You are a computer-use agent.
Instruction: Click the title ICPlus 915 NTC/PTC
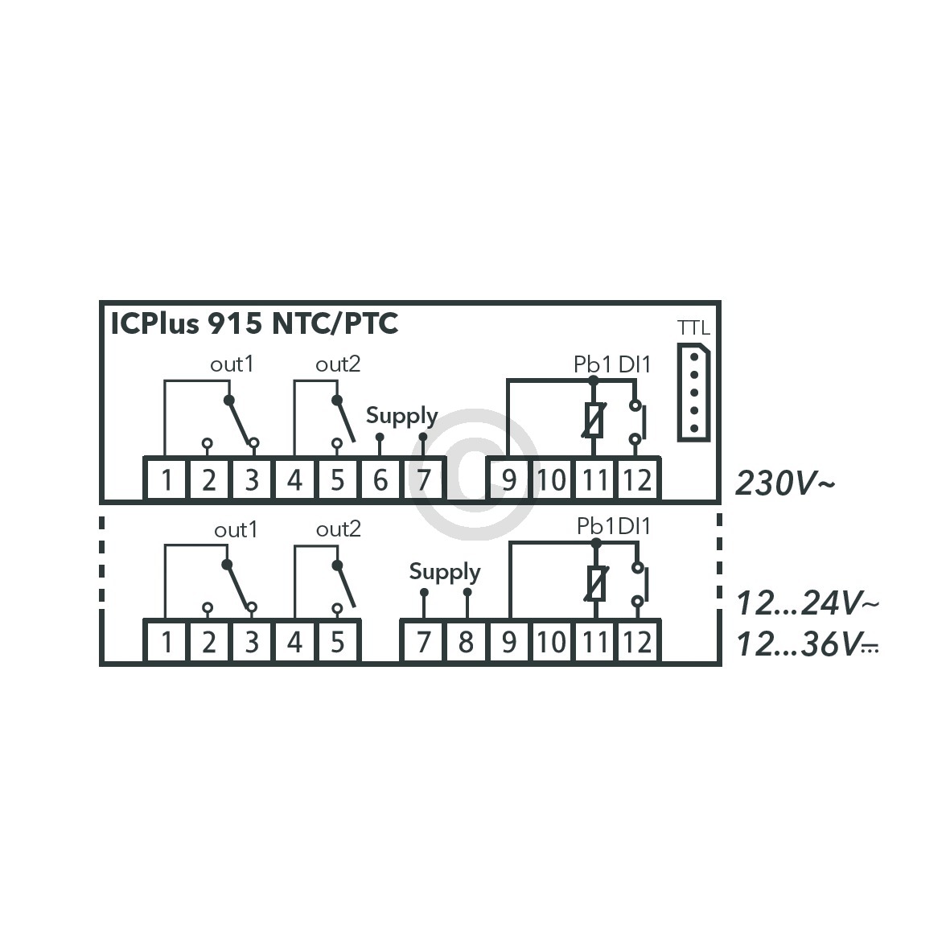pos(254,324)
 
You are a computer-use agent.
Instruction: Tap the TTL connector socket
pos(693,393)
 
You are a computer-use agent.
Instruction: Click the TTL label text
pos(693,328)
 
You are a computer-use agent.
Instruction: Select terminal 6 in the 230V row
pos(380,480)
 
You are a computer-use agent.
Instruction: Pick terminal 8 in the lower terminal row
pos(466,643)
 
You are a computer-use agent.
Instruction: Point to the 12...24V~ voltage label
pos(807,602)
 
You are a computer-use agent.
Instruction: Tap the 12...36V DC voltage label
pos(807,644)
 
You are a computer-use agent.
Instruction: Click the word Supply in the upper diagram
pos(401,416)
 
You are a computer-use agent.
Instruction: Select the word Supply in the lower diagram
pos(445,572)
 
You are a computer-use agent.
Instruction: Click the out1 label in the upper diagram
pos(232,364)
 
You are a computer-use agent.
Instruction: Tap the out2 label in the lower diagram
pos(339,529)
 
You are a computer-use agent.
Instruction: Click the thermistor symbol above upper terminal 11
pos(594,421)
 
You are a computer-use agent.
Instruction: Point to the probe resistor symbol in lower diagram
pos(595,585)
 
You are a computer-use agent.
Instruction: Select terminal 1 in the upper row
pos(167,480)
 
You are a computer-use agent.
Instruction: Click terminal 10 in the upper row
pos(552,480)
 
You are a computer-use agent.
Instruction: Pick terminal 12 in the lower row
pos(637,643)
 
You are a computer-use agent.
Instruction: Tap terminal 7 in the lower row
pos(423,643)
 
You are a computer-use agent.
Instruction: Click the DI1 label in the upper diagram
pos(635,364)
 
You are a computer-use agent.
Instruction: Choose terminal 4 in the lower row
pos(294,643)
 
